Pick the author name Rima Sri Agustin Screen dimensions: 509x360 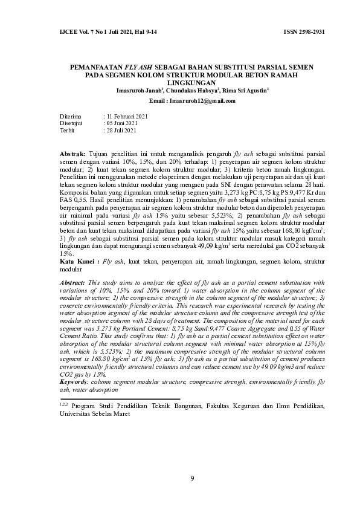tap(245, 90)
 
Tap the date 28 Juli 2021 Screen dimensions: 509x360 tap(123, 130)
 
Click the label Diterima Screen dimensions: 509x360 tap(70, 115)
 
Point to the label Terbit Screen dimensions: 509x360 tap(66, 130)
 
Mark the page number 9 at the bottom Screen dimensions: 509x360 tap(192, 479)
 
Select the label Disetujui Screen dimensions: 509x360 tap(71, 123)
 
